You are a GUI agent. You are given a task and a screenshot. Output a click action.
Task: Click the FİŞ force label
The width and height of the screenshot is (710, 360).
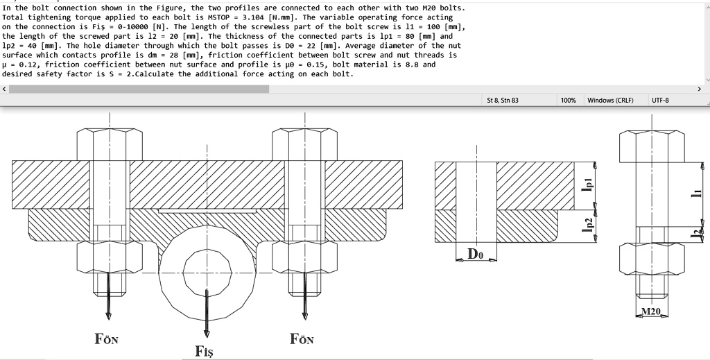(205, 351)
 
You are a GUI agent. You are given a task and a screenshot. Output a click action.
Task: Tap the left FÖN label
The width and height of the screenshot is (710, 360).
(106, 339)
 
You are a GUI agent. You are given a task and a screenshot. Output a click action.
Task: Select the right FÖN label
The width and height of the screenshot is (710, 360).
(302, 339)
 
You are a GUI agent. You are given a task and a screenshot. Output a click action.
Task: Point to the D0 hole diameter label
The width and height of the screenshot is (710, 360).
(476, 254)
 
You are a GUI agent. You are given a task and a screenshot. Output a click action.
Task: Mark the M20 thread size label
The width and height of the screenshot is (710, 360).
(650, 311)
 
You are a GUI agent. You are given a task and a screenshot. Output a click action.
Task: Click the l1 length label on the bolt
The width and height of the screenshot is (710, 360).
(696, 194)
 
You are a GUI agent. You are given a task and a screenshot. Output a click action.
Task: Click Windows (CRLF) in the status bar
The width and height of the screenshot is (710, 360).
(610, 101)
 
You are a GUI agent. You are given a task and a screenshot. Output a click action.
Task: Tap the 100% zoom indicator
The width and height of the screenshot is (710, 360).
(568, 101)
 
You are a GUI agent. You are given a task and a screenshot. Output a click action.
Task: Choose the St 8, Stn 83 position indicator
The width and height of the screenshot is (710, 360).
(503, 101)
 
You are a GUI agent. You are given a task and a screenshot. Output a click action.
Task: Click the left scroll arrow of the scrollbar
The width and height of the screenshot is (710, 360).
(5, 89)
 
